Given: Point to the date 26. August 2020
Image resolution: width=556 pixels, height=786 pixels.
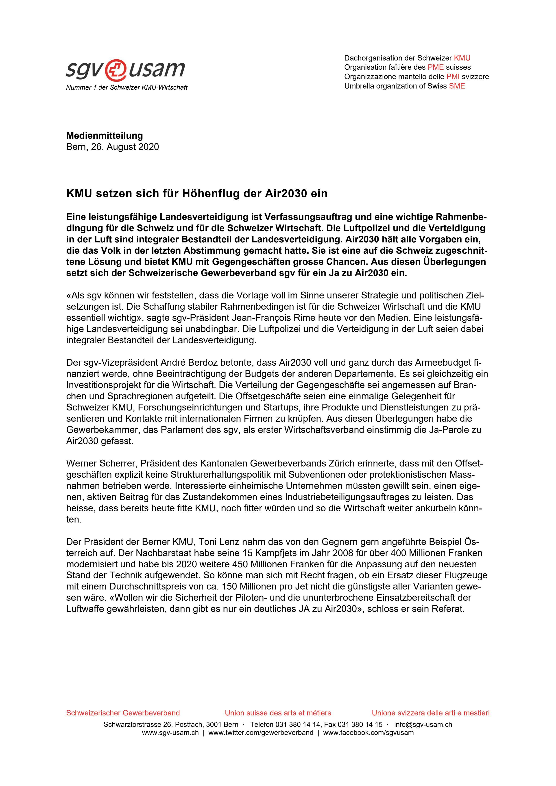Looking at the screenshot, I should (x=125, y=147).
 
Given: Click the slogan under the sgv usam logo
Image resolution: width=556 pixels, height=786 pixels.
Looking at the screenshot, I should (x=126, y=88).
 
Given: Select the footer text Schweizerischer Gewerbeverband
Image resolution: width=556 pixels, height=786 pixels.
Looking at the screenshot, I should (x=123, y=713).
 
